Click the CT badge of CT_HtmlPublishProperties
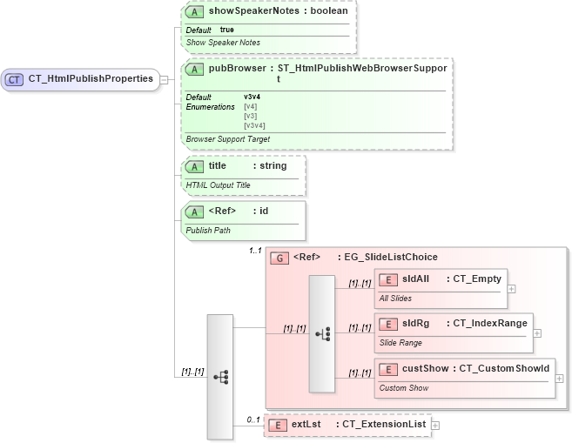[x=15, y=79]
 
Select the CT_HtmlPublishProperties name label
[x=91, y=79]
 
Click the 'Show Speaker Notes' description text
[x=223, y=42]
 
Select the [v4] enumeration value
[x=250, y=106]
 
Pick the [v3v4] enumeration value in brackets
[x=254, y=125]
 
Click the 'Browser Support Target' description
[x=228, y=138]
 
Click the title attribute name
[x=218, y=165]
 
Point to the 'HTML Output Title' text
[x=218, y=185]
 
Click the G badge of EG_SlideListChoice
[x=280, y=258]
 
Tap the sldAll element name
[x=416, y=279]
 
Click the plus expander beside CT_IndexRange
[x=537, y=332]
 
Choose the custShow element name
[x=425, y=368]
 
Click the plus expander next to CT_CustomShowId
[x=559, y=379]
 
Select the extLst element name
[x=306, y=424]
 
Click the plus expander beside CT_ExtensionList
[x=435, y=425]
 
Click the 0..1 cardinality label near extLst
[x=253, y=420]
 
